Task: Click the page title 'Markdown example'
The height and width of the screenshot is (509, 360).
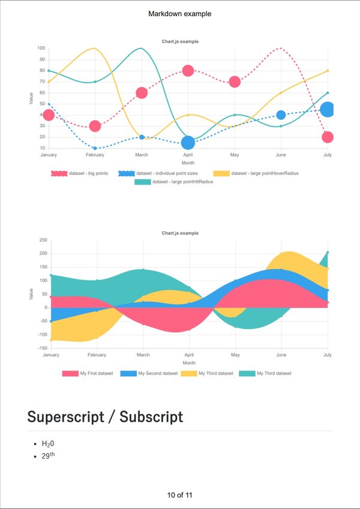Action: pyautogui.click(x=179, y=14)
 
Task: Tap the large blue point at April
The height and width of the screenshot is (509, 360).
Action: pyautogui.click(x=188, y=143)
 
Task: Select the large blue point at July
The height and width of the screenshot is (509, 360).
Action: pyautogui.click(x=327, y=109)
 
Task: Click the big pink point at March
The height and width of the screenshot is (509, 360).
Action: pyautogui.click(x=142, y=93)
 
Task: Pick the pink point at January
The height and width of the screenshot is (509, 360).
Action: pyautogui.click(x=49, y=115)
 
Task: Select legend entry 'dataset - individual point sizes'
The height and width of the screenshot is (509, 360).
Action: pyautogui.click(x=162, y=173)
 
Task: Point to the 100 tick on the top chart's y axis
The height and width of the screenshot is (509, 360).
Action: pyautogui.click(x=41, y=48)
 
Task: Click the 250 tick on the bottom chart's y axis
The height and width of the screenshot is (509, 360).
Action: pyautogui.click(x=43, y=240)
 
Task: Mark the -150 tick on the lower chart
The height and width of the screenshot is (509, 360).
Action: pyautogui.click(x=41, y=348)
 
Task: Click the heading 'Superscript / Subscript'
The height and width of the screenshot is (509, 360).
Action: pyautogui.click(x=105, y=417)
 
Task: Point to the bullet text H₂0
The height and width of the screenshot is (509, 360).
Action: pyautogui.click(x=48, y=444)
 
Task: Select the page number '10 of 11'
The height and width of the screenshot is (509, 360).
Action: pyautogui.click(x=179, y=495)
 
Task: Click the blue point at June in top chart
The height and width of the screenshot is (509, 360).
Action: pyautogui.click(x=281, y=115)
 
